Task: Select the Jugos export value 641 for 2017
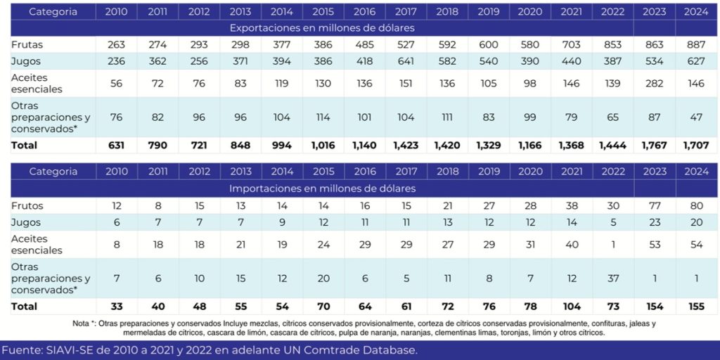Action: (x=406, y=61)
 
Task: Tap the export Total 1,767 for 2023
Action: (x=655, y=145)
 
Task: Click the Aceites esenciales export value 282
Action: (x=655, y=83)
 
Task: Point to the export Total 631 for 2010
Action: (x=116, y=145)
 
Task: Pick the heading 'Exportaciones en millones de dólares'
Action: (x=322, y=27)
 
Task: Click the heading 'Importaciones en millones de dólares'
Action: (x=322, y=188)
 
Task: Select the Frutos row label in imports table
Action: (x=27, y=206)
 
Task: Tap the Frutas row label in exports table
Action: (x=27, y=44)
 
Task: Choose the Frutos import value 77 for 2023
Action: (x=655, y=206)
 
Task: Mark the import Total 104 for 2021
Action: (x=571, y=307)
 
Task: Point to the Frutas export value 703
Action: (x=571, y=44)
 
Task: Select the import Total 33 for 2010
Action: (x=116, y=307)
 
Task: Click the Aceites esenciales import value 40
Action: (x=571, y=244)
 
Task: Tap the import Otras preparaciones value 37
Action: (x=612, y=278)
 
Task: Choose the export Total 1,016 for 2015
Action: (x=323, y=145)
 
